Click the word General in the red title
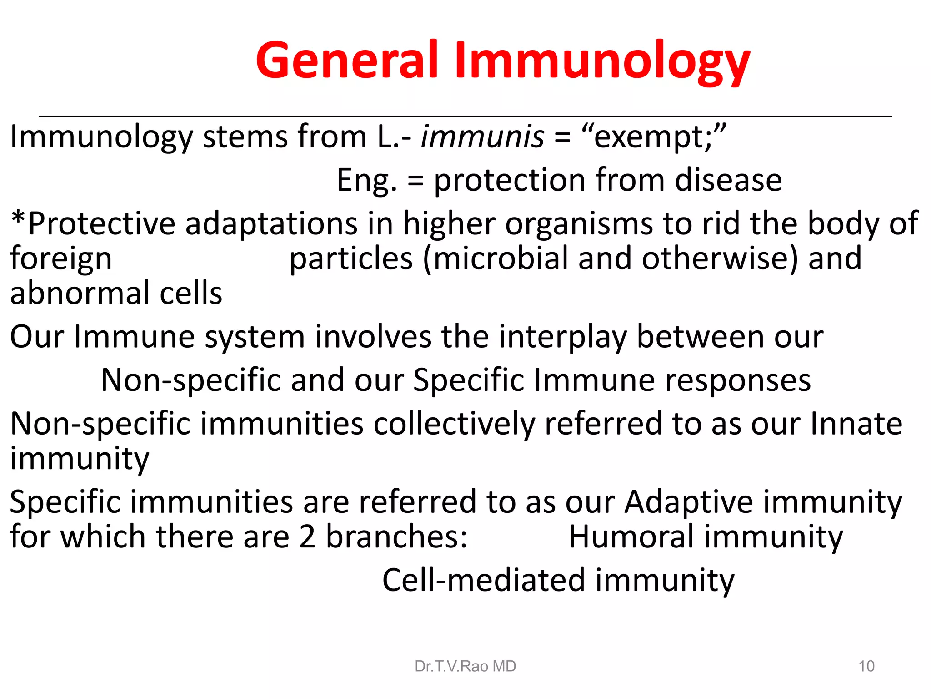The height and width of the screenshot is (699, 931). point(347,60)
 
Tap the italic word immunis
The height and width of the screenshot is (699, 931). point(482,137)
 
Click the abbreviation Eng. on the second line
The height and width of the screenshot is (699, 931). point(366,181)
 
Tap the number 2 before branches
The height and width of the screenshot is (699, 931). point(307,537)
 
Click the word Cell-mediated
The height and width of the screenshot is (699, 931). point(483,581)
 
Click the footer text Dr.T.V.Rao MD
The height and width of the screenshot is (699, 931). point(465,666)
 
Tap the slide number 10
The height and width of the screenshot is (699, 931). point(866,666)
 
